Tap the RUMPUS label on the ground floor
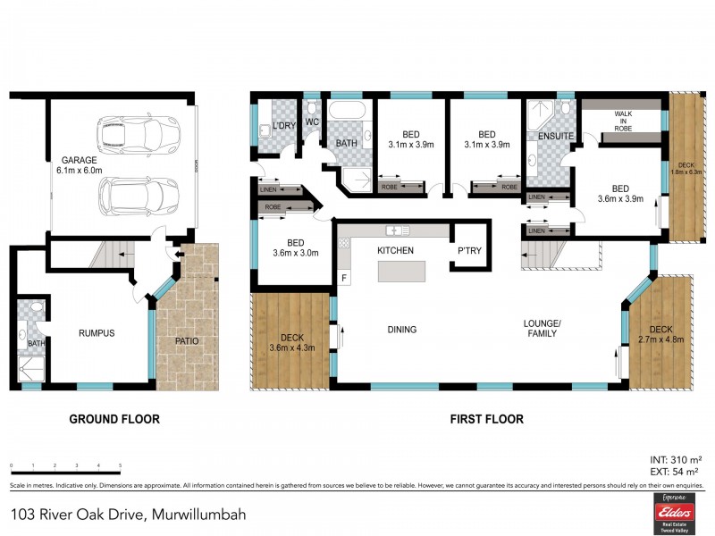click(x=97, y=332)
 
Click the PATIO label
click(x=187, y=341)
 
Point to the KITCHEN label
click(x=395, y=250)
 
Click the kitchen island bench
click(x=408, y=272)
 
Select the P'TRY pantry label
click(x=469, y=251)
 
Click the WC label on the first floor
click(x=312, y=121)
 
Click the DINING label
click(x=402, y=330)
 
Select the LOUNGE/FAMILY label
click(x=542, y=328)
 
